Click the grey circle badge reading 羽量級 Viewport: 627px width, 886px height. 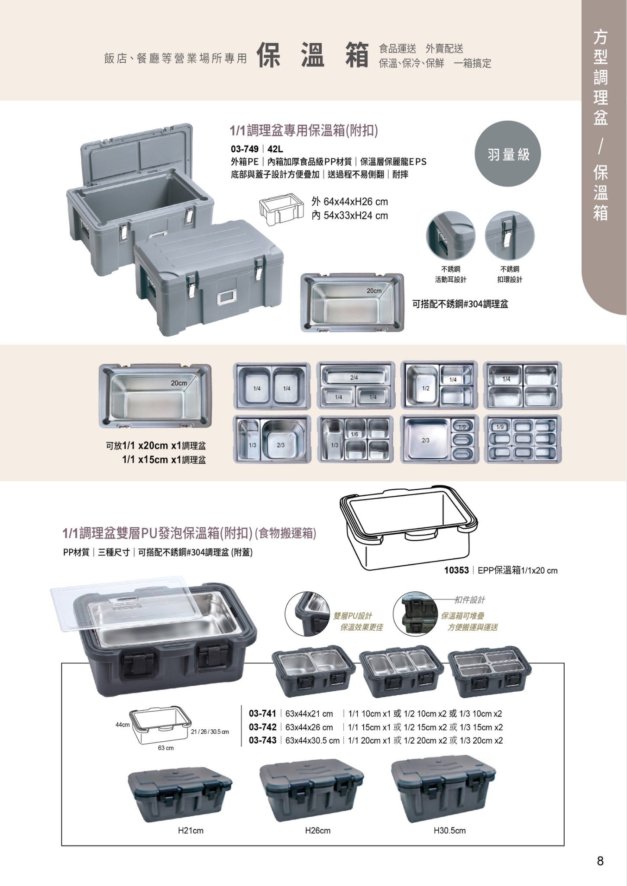tap(508, 154)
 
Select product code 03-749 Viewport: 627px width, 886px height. tap(245, 149)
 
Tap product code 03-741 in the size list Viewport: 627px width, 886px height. tap(262, 713)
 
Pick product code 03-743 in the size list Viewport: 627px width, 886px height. tap(262, 740)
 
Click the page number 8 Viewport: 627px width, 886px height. tap(600, 861)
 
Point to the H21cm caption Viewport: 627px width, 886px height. tap(191, 831)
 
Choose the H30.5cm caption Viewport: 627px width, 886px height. tap(449, 831)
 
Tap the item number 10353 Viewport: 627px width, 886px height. tap(456, 570)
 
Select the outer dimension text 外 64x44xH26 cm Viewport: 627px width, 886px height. tap(349, 202)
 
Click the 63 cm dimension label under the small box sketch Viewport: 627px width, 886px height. tap(166, 748)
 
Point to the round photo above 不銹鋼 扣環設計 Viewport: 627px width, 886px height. tap(510, 236)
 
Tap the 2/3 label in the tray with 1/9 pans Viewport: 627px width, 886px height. tap(426, 440)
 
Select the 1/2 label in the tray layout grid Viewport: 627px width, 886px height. tap(426, 388)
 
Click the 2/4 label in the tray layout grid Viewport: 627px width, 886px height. tap(354, 378)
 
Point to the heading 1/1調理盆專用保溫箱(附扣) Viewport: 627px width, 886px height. tap(304, 130)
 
